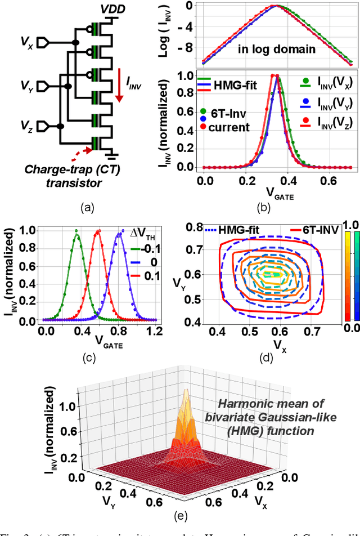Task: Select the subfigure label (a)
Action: pyautogui.click(x=87, y=208)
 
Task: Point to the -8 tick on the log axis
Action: pyautogui.click(x=192, y=48)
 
